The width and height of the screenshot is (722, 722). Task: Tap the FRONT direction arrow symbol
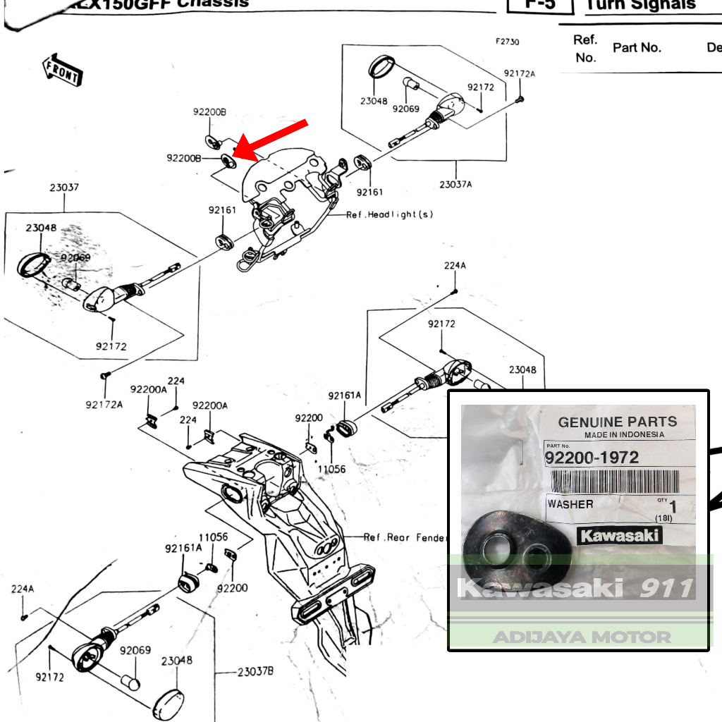tap(61, 69)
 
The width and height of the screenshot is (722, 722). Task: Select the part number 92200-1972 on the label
tap(592, 458)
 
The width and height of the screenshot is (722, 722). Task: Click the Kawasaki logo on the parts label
tap(620, 536)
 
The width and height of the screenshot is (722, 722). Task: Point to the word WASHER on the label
tap(570, 505)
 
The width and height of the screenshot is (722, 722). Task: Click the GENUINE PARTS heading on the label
tap(617, 422)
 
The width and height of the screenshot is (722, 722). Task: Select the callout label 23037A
tap(455, 185)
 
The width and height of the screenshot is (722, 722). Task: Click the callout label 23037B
tap(255, 671)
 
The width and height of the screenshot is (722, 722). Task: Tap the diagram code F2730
tap(507, 42)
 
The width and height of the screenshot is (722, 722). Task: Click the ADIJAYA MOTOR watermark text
tap(581, 637)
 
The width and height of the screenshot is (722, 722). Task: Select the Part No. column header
tap(637, 48)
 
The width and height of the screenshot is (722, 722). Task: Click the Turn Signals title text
tap(641, 6)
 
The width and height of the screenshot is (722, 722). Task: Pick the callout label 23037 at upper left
tap(64, 188)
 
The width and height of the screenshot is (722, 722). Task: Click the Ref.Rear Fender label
tap(405, 537)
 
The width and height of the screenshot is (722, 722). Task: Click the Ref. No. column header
tap(585, 49)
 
